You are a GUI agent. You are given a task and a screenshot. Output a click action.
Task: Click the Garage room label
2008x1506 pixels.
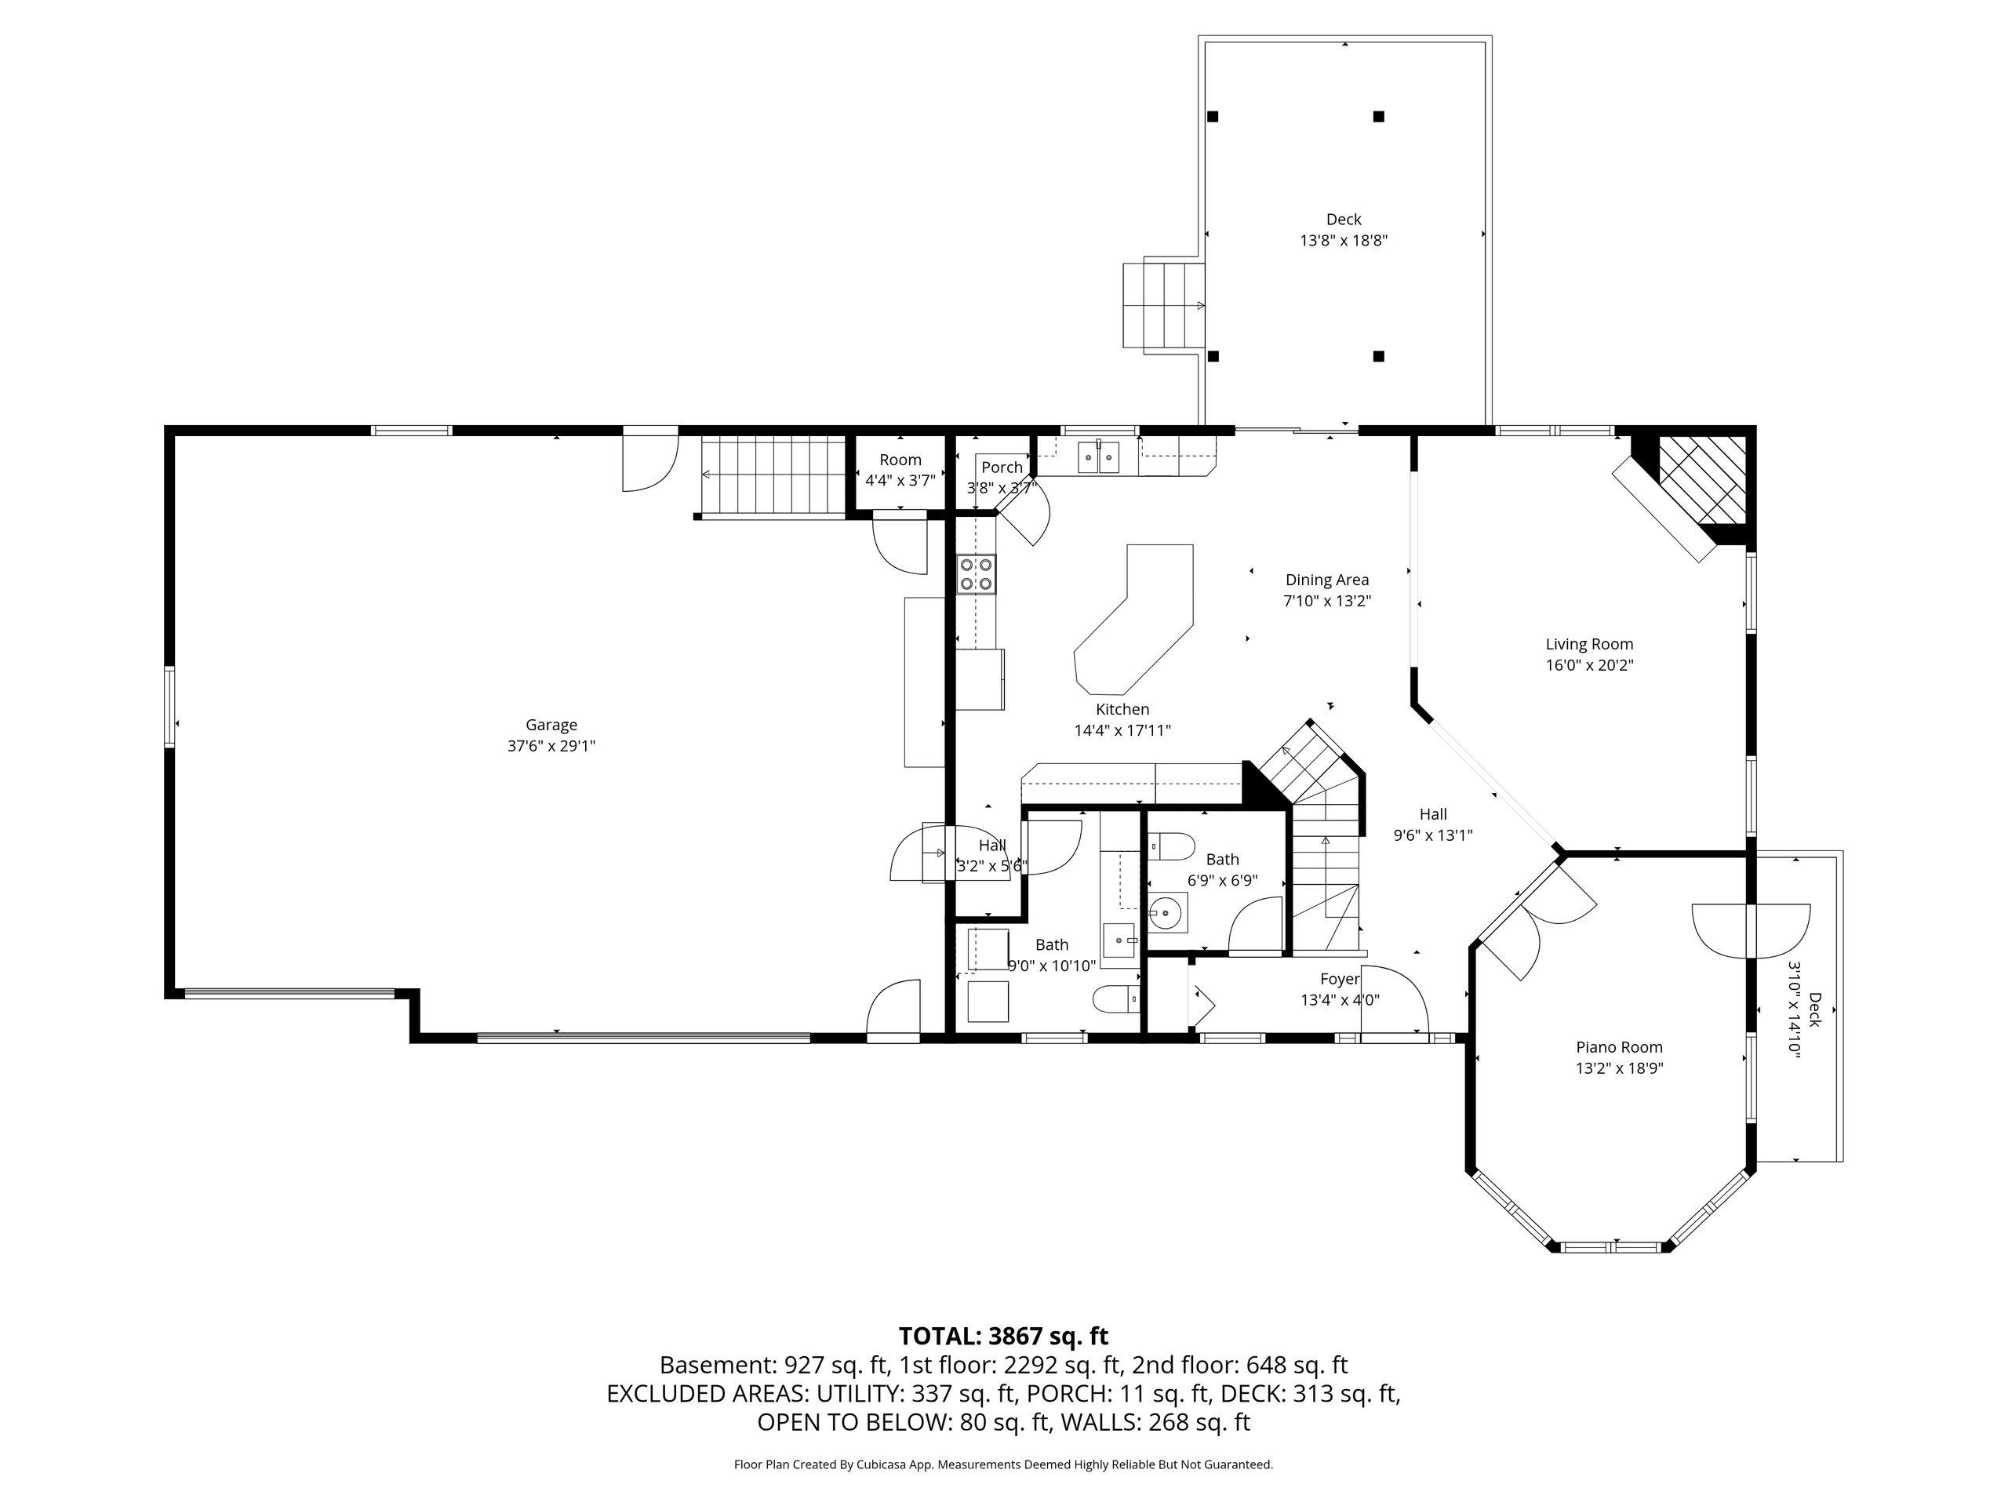click(x=551, y=725)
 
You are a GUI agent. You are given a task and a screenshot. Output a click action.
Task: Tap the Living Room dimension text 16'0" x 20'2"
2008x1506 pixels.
click(x=1589, y=664)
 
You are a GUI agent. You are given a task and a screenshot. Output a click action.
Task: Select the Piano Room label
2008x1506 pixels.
click(x=1620, y=1046)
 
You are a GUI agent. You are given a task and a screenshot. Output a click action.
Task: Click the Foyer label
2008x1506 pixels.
click(x=1340, y=979)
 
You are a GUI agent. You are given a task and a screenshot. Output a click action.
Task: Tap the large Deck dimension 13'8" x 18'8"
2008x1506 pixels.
click(x=1344, y=241)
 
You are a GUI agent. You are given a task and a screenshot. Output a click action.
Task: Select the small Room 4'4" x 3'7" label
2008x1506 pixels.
click(x=900, y=470)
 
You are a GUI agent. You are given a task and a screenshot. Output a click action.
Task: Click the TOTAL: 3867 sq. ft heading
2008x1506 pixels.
click(x=1003, y=1335)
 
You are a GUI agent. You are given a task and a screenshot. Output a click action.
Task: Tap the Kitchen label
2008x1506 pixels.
click(x=1122, y=709)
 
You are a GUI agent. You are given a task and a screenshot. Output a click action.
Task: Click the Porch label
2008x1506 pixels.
click(x=1002, y=467)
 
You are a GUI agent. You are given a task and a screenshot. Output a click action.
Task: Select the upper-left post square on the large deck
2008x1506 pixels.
click(x=1213, y=116)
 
